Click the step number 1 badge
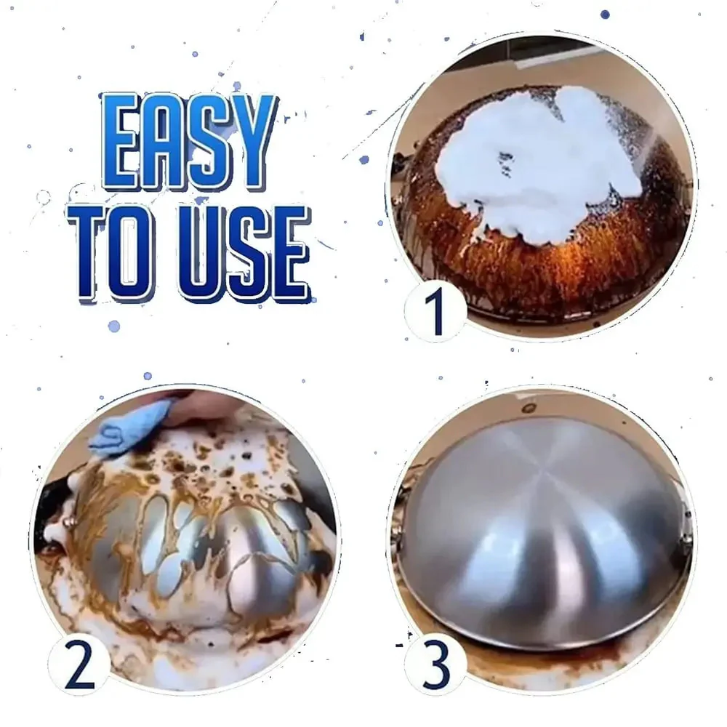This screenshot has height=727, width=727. (x=435, y=310)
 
